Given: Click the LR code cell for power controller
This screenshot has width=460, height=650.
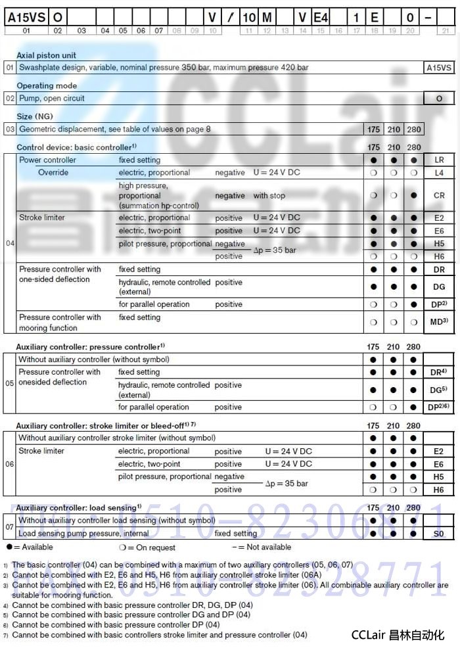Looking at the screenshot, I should click(x=439, y=160).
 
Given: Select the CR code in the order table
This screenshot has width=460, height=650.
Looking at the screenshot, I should click(x=439, y=196).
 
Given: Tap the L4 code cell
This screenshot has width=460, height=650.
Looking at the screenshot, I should click(x=439, y=173).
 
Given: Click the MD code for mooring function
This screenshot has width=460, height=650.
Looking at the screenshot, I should click(x=438, y=322).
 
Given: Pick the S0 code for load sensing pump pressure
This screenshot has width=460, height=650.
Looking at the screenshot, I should click(x=438, y=534).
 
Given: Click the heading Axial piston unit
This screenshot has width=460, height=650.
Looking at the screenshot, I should click(x=46, y=56).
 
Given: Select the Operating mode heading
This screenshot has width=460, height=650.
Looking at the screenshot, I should click(x=47, y=86).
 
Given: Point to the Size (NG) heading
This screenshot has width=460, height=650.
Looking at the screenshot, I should click(x=34, y=116).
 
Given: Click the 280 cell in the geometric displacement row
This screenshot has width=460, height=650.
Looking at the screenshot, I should click(x=414, y=129).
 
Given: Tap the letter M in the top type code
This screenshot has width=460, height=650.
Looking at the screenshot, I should click(x=266, y=18).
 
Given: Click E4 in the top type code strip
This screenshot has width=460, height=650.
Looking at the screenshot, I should click(x=320, y=18).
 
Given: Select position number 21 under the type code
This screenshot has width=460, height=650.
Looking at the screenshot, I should click(x=446, y=31).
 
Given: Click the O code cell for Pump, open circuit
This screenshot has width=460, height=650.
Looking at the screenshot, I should click(x=439, y=99).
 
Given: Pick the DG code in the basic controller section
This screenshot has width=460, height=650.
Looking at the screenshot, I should click(x=438, y=287).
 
